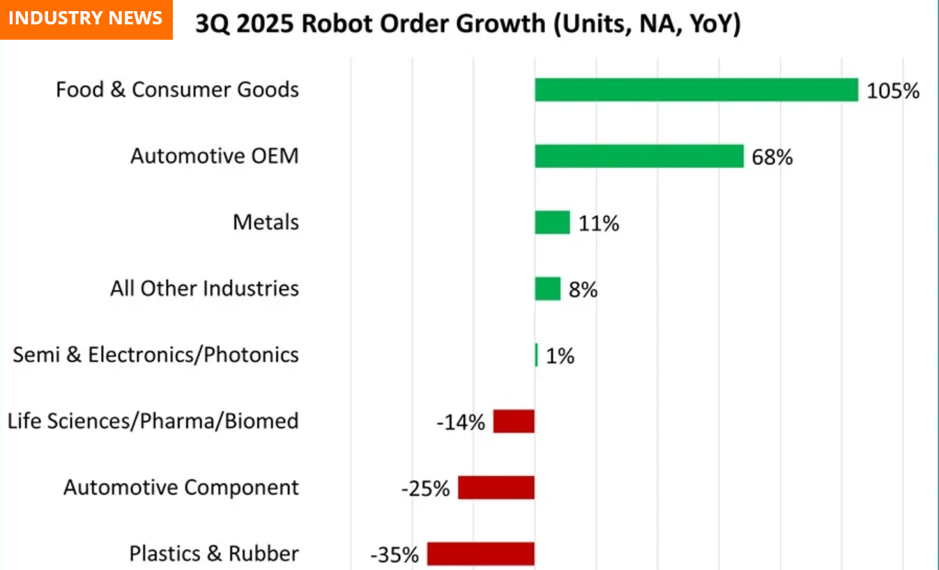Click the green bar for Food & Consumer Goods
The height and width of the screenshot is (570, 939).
696,90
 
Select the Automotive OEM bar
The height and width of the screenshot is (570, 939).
639,156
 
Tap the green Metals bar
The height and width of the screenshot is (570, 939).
552,222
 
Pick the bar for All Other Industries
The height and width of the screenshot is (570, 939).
547,288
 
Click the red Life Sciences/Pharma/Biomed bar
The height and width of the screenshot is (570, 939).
514,422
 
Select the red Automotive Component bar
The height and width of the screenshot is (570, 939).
496,488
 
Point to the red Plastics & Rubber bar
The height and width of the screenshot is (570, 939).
480,554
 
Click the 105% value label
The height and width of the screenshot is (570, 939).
893,91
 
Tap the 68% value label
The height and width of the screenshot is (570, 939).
772,157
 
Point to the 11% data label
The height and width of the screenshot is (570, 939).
598,224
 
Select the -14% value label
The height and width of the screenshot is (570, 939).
461,422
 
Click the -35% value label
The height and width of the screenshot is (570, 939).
395,555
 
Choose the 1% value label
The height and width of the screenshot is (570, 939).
560,357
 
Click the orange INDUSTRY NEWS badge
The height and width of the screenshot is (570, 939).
86,19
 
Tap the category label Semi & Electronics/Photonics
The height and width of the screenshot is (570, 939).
156,355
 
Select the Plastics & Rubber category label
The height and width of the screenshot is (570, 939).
214,554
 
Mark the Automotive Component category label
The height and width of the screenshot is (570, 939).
181,487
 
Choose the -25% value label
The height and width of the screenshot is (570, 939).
425,488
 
